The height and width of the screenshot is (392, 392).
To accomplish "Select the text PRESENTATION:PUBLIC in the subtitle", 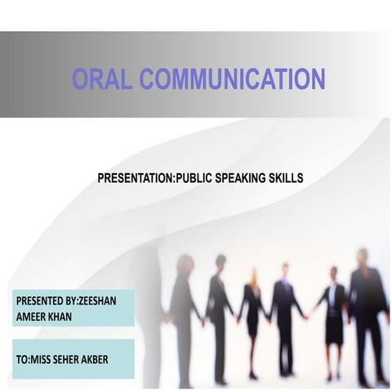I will click(x=154, y=176).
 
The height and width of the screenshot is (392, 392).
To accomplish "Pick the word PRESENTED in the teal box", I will click(x=42, y=301).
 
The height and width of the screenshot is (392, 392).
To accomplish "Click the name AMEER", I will click(x=33, y=315).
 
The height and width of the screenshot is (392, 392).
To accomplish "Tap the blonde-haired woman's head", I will click(x=254, y=274).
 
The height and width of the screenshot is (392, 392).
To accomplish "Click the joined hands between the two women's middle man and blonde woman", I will click(x=269, y=318).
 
